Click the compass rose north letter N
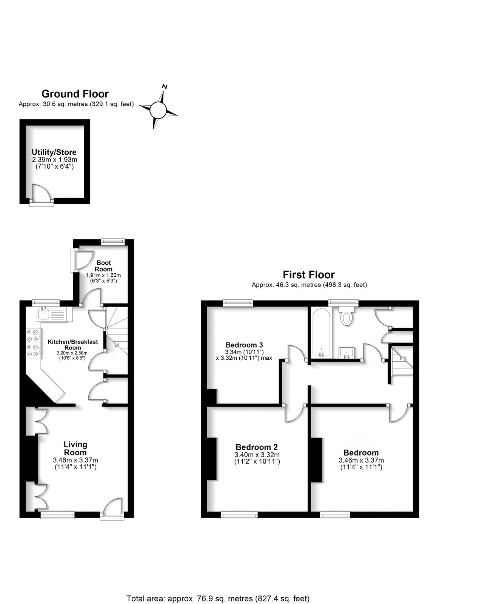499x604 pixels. click(164, 86)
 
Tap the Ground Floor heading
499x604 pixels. click(75, 94)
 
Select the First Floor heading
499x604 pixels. click(309, 274)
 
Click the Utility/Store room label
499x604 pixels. click(54, 152)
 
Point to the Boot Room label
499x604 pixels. click(103, 266)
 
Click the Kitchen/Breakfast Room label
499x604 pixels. click(72, 345)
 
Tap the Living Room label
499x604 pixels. click(75, 448)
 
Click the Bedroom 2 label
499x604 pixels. click(257, 447)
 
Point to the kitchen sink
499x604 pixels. click(44, 313)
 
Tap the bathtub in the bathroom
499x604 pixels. click(322, 332)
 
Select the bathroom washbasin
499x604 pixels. click(347, 353)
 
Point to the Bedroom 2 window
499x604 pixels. click(239, 515)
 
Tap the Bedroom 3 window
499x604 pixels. click(238, 302)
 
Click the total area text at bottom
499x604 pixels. click(218, 598)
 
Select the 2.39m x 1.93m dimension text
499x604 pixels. click(54, 160)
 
